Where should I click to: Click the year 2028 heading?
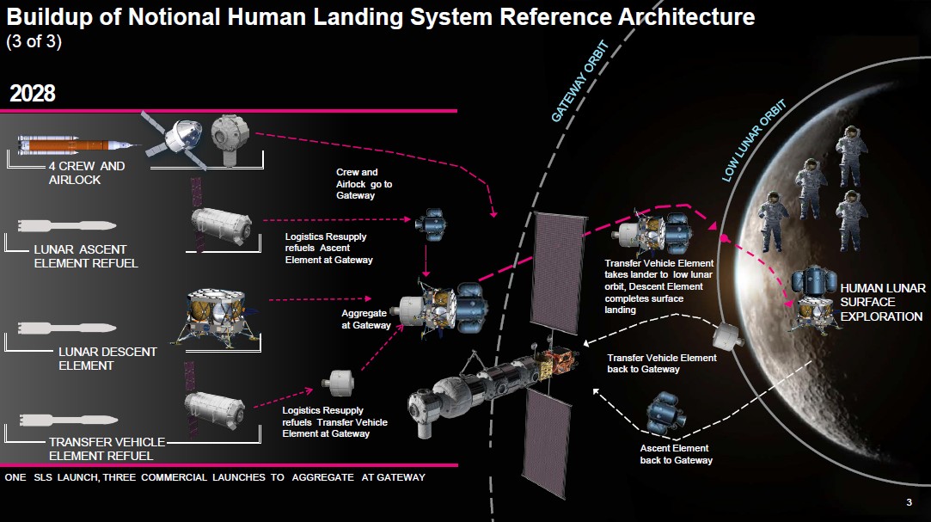[33, 94]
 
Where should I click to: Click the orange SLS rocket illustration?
[79, 144]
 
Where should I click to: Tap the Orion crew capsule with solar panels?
[176, 140]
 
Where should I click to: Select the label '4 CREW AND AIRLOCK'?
[87, 173]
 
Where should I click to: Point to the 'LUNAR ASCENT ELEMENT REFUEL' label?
[86, 256]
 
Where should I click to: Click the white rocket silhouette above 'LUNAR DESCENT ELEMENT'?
[66, 328]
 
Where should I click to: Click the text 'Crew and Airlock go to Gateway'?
[364, 183]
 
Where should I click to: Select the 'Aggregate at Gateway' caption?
[365, 319]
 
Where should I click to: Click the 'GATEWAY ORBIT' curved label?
[579, 82]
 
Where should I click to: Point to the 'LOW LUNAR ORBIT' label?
[753, 140]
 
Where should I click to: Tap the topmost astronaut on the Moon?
[850, 157]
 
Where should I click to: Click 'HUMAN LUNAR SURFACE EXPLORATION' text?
[882, 302]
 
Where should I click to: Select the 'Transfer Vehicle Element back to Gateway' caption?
[661, 364]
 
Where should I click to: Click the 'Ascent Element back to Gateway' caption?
[676, 454]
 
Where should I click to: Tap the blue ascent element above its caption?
[666, 414]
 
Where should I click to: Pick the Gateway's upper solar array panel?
[560, 273]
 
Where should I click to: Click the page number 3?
[909, 502]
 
